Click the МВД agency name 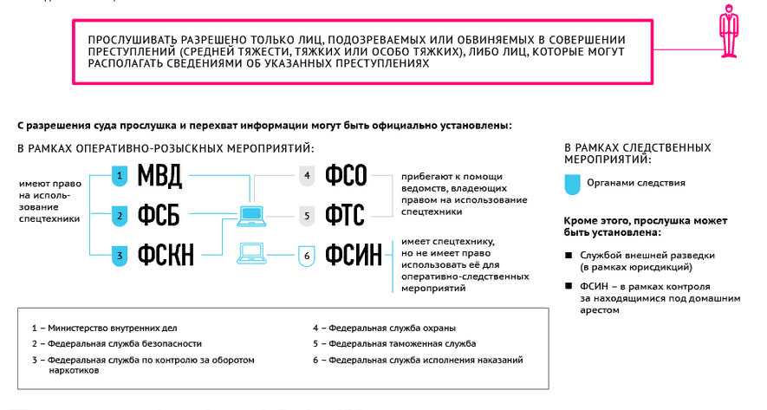click(x=159, y=176)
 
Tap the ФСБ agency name click(x=159, y=215)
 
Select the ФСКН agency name click(x=166, y=255)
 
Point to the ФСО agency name click(x=346, y=175)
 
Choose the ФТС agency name click(x=345, y=215)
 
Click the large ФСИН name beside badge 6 click(x=354, y=255)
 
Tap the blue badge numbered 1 click(x=120, y=176)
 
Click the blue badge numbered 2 click(x=120, y=216)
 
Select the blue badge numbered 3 click(x=120, y=256)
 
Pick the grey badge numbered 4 click(x=307, y=176)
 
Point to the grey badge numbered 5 click(x=307, y=216)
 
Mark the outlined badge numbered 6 click(x=307, y=256)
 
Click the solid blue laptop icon click(x=251, y=216)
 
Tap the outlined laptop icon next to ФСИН click(x=251, y=253)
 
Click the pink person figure click(x=729, y=30)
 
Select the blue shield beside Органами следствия click(x=572, y=185)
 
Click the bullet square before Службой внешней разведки click(x=569, y=256)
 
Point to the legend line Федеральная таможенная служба click(x=394, y=344)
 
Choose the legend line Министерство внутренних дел click(x=105, y=329)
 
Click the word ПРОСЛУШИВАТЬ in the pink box click(x=133, y=40)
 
